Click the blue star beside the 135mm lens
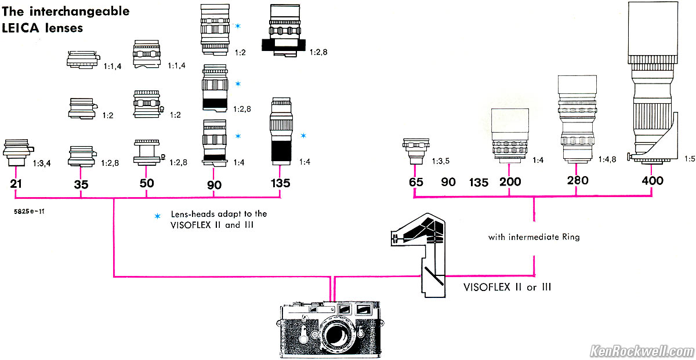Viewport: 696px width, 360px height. (x=303, y=135)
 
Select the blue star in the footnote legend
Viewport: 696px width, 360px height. (x=156, y=216)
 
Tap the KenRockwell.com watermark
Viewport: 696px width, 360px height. (x=641, y=351)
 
